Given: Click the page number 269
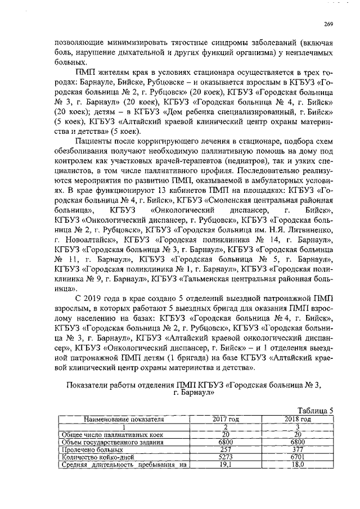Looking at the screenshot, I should tap(328, 23).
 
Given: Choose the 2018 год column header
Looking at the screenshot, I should tap(298, 419).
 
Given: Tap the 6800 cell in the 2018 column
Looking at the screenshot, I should tap(298, 442).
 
